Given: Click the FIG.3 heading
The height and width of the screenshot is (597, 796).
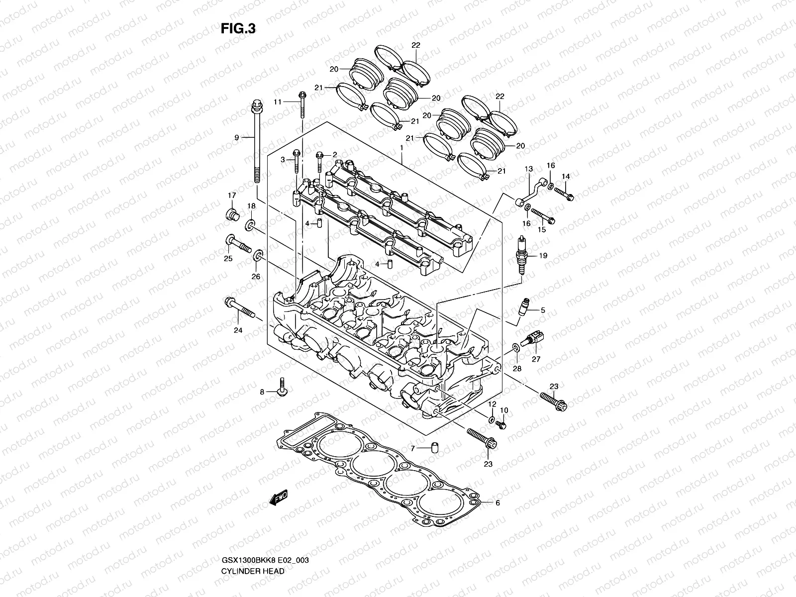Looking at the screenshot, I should tap(238, 28).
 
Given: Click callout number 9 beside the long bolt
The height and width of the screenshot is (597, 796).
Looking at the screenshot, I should tap(237, 137).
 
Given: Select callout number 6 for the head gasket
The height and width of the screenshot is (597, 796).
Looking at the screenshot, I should tap(497, 502).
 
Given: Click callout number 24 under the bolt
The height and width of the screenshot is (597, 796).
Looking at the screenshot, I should tap(238, 330).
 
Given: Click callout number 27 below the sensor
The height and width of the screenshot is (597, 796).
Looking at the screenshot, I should tap(535, 359).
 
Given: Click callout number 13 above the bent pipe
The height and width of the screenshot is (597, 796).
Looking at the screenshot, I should tap(528, 169).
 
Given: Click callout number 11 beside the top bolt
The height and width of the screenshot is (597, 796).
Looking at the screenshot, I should tap(278, 101).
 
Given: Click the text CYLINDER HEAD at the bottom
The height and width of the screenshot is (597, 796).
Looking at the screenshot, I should tap(253, 543).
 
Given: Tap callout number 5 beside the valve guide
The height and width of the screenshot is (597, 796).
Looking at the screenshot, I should tap(543, 310).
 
